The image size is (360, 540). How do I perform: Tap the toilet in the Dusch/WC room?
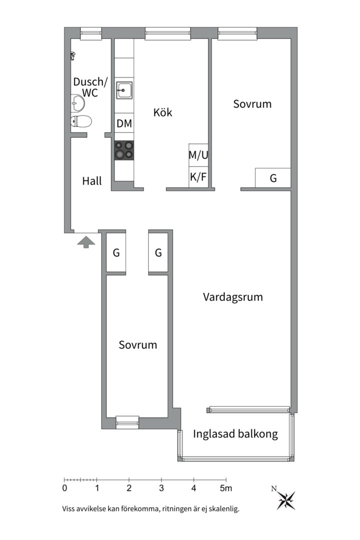click(x=81, y=121)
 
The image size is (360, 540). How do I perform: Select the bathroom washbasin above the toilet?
click(x=77, y=102)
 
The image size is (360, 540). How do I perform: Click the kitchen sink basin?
click(x=124, y=90)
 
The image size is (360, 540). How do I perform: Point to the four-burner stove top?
click(x=124, y=150)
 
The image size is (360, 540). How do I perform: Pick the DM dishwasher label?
click(x=124, y=123)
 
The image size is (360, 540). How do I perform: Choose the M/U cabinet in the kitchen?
click(x=198, y=155)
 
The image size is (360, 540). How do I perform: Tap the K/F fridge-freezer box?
click(x=198, y=177)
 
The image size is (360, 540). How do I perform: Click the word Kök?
click(x=162, y=112)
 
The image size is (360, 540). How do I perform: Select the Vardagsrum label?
click(x=233, y=297)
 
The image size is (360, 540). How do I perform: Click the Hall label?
click(x=92, y=181)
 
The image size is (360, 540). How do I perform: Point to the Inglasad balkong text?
click(x=235, y=434)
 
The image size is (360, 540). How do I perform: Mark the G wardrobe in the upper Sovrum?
click(x=273, y=178)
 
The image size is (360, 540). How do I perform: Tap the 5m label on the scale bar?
click(x=226, y=488)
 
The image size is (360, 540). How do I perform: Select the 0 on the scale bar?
click(x=64, y=488)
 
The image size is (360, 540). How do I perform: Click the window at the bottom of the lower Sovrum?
click(x=127, y=422)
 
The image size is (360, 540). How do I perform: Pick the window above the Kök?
click(x=167, y=34)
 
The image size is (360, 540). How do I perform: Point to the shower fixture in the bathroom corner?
click(x=72, y=56)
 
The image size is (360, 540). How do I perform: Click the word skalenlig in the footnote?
click(x=225, y=509)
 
